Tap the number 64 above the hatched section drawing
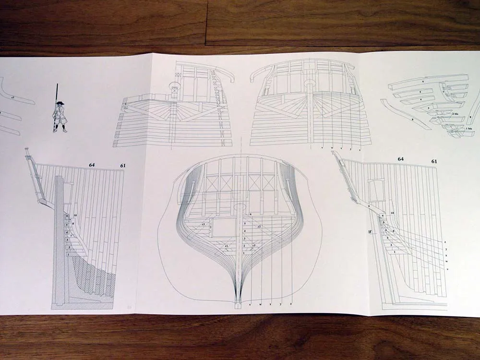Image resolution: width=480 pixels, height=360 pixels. pos(91,165)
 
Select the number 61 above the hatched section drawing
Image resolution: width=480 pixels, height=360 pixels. pos(123,166)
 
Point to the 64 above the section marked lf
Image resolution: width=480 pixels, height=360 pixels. pos(400,158)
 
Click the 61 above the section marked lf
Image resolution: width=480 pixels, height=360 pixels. pos(435,161)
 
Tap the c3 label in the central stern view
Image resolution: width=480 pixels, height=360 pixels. pos(204,224)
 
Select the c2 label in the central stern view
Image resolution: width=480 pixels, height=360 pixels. pos(259,226)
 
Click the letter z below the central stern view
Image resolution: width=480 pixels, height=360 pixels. pos(289,304)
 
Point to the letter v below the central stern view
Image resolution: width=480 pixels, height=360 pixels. pos(251,304)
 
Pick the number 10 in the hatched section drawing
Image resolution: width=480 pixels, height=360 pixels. pos(75,216)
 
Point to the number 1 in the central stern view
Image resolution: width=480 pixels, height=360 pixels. pos(244,252)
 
